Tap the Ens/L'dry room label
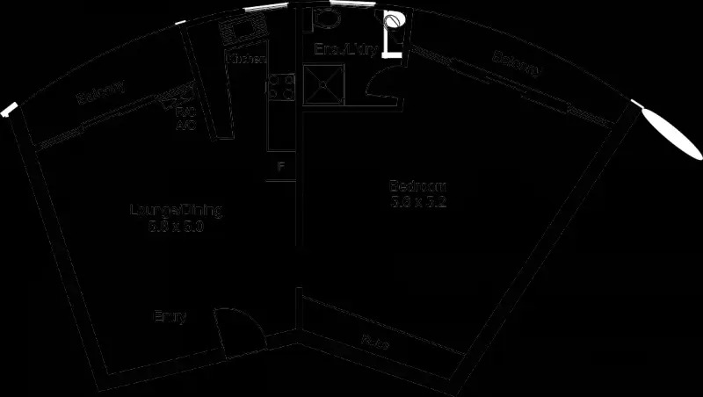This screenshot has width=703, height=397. (x=347, y=50)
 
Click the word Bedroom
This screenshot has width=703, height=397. (x=417, y=186)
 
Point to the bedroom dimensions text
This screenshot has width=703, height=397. (x=417, y=201)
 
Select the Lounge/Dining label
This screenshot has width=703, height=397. (x=176, y=211)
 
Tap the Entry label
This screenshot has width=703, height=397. (x=170, y=316)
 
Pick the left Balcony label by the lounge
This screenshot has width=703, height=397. (x=100, y=92)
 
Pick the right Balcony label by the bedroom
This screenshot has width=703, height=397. (x=516, y=63)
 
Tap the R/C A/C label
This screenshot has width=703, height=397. (x=185, y=119)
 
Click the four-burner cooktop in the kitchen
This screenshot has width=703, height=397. (x=281, y=85)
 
